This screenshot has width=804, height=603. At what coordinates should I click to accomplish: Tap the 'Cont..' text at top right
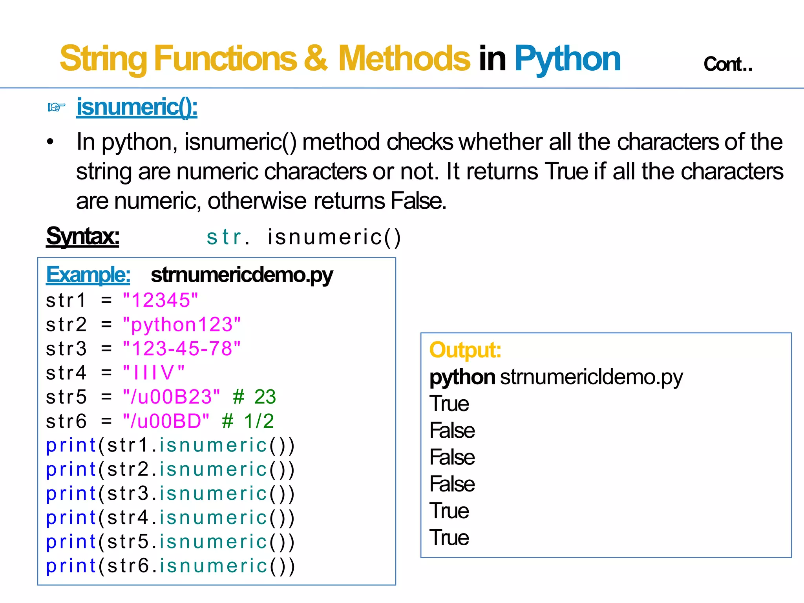pos(727,64)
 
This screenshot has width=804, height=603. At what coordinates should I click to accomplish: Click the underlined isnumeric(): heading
pos(137,107)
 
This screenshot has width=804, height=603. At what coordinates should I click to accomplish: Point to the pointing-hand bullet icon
pos(56,107)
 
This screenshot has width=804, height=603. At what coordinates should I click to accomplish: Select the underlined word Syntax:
pos(82,236)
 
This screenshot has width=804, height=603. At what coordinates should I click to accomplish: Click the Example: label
pos(88,274)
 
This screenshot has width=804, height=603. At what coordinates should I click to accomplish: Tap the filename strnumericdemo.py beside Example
pos(242,274)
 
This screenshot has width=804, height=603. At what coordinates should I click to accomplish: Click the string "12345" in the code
pos(160,300)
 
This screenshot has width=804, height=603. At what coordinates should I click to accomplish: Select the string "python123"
pos(181,325)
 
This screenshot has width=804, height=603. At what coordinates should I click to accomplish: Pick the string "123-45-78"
pos(181,349)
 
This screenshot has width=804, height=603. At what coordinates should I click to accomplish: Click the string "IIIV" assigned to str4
pos(153,373)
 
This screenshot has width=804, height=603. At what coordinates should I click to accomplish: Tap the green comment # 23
pos(254,397)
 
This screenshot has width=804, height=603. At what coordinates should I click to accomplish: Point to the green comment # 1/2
pos(248,421)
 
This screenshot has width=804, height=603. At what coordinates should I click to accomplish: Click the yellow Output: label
pos(465,350)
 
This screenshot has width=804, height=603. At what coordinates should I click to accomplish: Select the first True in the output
pos(449,404)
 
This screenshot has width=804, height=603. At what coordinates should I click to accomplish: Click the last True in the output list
pos(449,537)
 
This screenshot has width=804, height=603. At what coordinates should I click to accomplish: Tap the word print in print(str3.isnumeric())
pos(71,493)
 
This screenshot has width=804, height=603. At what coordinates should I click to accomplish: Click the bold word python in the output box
pos(462,377)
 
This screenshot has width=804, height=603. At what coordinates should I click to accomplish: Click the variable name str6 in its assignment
pos(66,421)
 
